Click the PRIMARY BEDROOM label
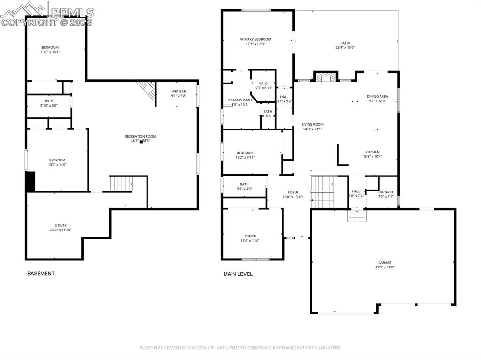coord(255,39)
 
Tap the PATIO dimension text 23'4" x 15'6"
coord(345,47)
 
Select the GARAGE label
coord(385,263)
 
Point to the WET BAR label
coord(178,91)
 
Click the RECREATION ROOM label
coord(140,136)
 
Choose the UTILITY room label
coord(61,225)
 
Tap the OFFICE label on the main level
coord(250,236)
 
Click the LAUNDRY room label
coord(386,192)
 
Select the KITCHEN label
coord(372,152)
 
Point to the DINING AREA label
coord(377,96)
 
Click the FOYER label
coord(293,192)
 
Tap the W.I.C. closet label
coord(264,84)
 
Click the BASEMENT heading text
coord(41,273)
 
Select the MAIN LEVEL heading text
coord(238,274)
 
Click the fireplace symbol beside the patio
coord(326,77)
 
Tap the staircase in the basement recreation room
coord(121,184)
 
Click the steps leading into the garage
coord(356,215)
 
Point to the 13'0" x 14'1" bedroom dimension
coord(50,52)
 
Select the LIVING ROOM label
coord(312,124)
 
